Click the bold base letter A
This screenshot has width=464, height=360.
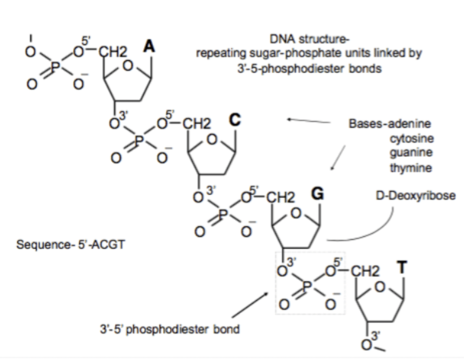pyautogui.click(x=150, y=47)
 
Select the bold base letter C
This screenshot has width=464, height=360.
pyautogui.click(x=236, y=119)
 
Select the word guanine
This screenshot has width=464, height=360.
pyautogui.click(x=411, y=153)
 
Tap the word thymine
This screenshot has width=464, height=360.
pyautogui.click(x=411, y=167)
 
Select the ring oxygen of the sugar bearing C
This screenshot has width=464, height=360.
pyautogui.click(x=213, y=140)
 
